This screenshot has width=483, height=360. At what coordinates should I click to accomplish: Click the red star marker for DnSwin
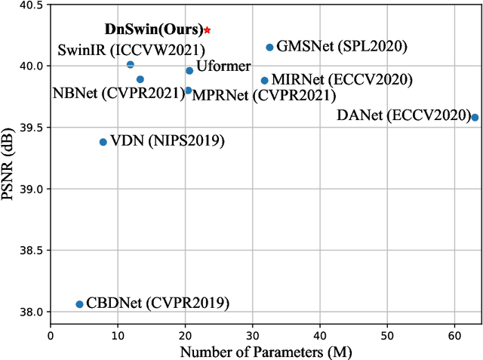coord(208,30)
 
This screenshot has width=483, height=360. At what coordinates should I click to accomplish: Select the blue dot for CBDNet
coord(79,304)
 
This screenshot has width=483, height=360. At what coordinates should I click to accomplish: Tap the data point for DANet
coord(475,117)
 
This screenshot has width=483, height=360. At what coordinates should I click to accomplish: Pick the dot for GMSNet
coord(269,48)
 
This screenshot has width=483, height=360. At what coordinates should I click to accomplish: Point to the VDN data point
coord(103,142)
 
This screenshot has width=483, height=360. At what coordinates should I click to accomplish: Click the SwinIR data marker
coord(131,65)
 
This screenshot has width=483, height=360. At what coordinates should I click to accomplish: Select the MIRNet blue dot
coord(264,81)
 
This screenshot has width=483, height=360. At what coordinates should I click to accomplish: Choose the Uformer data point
coord(189,71)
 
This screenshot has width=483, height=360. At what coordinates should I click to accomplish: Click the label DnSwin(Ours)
coord(153,30)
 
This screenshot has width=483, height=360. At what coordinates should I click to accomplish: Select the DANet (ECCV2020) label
coord(401,115)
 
